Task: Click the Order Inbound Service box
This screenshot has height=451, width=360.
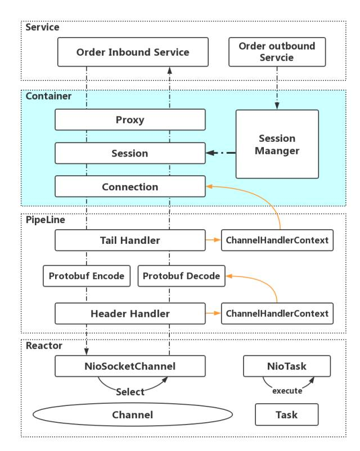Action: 133,52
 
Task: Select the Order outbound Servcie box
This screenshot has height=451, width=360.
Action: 277,52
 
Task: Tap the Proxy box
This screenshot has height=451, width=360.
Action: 130,120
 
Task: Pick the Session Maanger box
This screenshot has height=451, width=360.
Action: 277,144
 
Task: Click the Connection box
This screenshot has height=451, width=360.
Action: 130,186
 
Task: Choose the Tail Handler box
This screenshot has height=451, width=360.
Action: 130,240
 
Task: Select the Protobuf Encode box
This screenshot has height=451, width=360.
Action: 87,276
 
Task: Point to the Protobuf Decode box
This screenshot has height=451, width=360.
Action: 181,276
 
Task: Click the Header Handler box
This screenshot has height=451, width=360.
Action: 130,314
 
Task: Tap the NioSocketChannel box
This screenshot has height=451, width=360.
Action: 130,366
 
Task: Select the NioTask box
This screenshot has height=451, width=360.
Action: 287,366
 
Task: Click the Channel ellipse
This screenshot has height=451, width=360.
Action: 133,414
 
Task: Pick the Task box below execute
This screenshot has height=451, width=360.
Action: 287,414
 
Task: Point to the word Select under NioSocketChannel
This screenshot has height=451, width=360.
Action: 130,392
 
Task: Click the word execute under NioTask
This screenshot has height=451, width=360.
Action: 287,391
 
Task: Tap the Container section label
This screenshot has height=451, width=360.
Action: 48,96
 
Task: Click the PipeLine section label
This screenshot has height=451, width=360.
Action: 46,220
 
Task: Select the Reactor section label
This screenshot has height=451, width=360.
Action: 44,346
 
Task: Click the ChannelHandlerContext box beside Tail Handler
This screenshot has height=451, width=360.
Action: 277,240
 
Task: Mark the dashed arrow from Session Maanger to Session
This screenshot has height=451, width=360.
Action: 220,153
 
